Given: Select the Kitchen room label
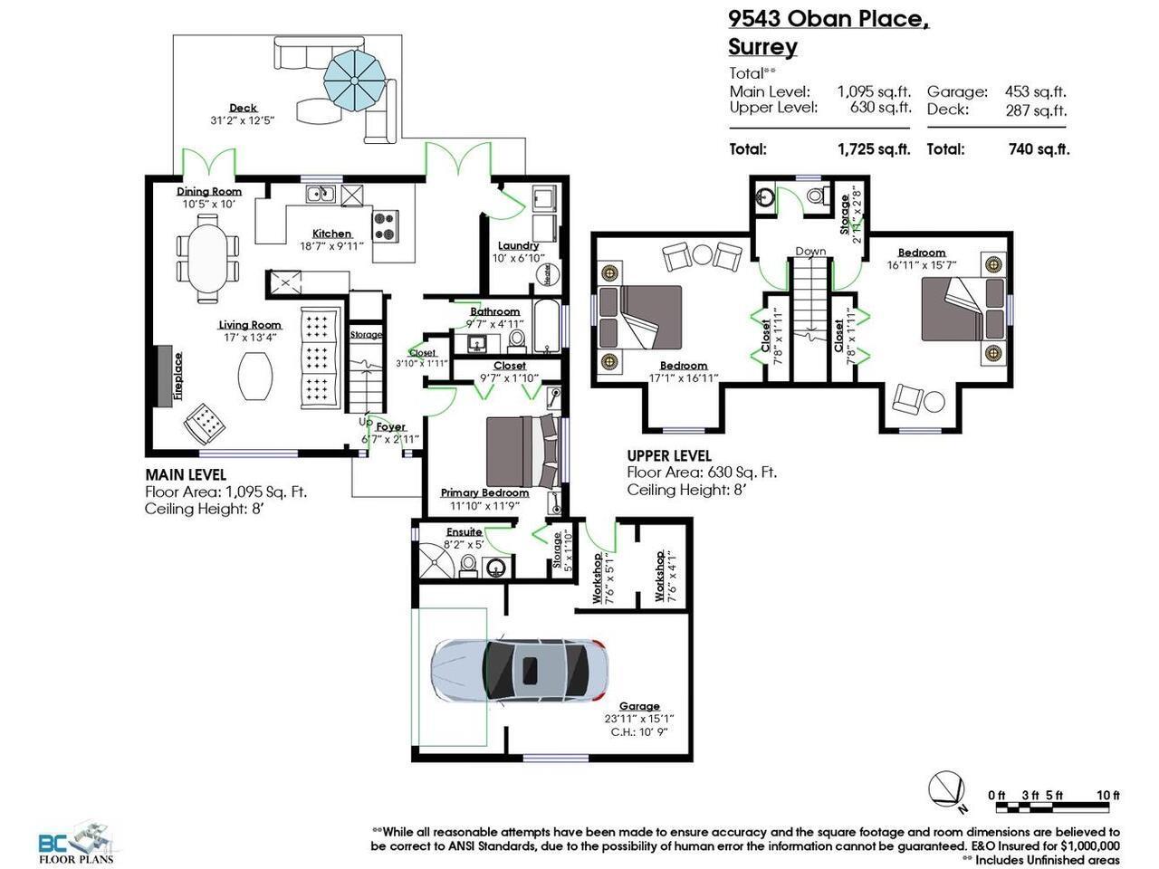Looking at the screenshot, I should click(x=331, y=234).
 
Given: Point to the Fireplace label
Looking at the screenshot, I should click(x=178, y=375).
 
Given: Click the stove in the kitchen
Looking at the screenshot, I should click(x=386, y=225).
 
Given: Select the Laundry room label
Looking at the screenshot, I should click(x=518, y=245).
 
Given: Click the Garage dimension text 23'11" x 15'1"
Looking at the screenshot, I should click(x=639, y=719).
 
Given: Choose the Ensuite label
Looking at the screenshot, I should click(x=464, y=531).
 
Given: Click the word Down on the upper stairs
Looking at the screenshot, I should click(x=810, y=252).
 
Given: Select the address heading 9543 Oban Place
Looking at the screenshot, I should click(x=829, y=19).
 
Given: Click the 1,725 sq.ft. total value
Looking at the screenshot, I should click(x=874, y=149).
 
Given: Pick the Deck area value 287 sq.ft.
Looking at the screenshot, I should click(x=1036, y=110).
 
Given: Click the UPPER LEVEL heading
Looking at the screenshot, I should click(x=669, y=456).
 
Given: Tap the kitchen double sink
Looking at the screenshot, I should click(x=321, y=193).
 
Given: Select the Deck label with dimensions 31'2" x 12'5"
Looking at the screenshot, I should click(x=242, y=113).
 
